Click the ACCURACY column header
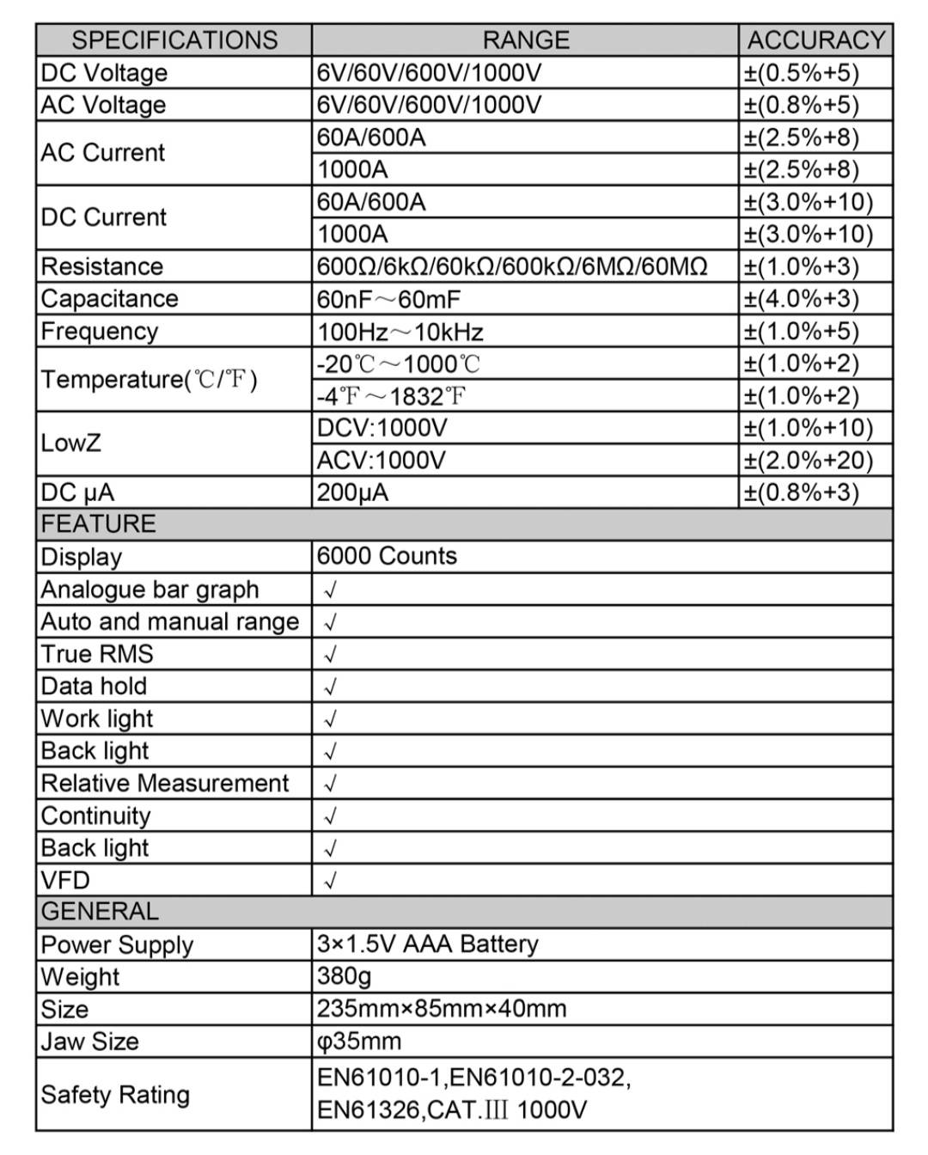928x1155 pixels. coord(815,40)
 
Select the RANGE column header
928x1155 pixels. coord(525,40)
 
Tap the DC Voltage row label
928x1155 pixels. coord(104,73)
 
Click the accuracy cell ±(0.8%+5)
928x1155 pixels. coord(801,105)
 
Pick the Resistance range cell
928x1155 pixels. coord(512,266)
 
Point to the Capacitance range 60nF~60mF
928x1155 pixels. coord(388,299)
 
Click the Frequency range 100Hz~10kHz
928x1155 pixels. coord(400,332)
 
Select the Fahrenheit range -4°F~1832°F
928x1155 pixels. coord(392,396)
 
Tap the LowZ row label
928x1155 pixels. coord(71,443)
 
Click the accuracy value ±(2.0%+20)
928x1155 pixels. coord(808,461)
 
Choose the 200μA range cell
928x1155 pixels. coord(352,493)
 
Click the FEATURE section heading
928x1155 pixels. coord(99,524)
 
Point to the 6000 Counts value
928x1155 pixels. coord(387,556)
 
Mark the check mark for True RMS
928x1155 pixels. coord(330,655)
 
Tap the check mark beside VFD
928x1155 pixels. coord(330,881)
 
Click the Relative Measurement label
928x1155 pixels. coord(165,784)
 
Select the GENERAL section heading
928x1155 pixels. coord(100,912)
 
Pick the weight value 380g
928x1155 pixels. coord(344,976)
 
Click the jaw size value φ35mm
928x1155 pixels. coord(359,1042)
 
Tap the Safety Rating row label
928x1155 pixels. coord(115,1095)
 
